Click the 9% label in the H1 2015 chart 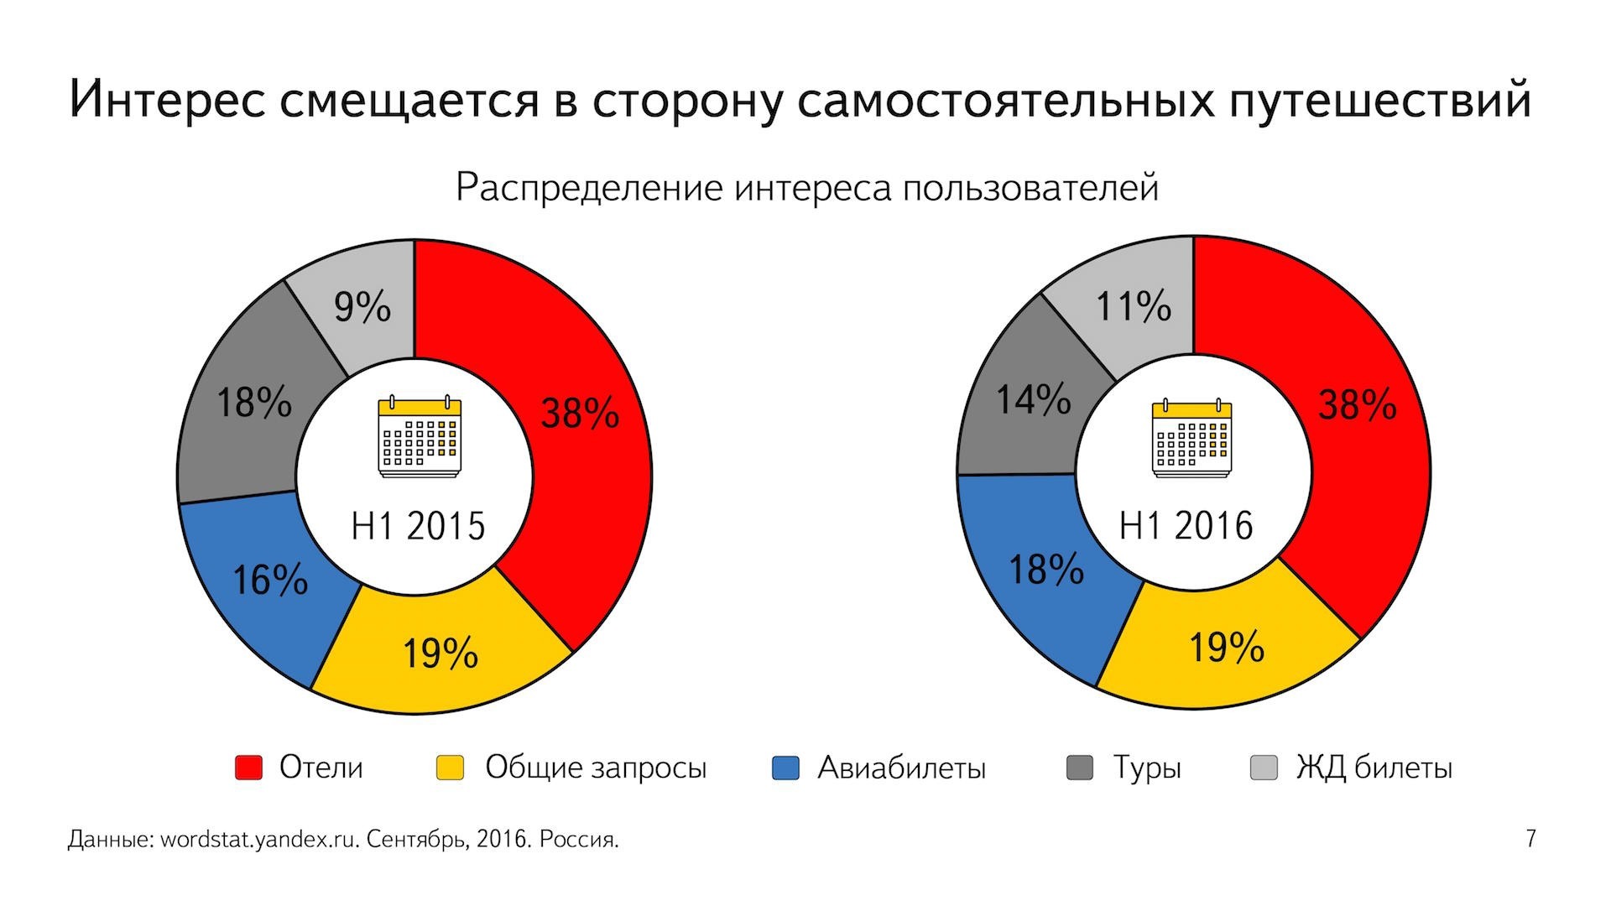(x=362, y=307)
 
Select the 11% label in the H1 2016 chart (x=1134, y=306)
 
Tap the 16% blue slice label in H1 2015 (x=269, y=580)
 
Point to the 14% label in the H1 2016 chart (x=1033, y=399)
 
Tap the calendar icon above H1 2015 (x=420, y=435)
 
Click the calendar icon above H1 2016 (x=1191, y=437)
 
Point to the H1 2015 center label (x=418, y=526)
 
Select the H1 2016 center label (x=1186, y=526)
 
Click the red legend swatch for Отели (x=248, y=768)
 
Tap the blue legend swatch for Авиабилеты (x=785, y=768)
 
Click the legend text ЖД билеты (x=1374, y=768)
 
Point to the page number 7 (x=1531, y=839)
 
